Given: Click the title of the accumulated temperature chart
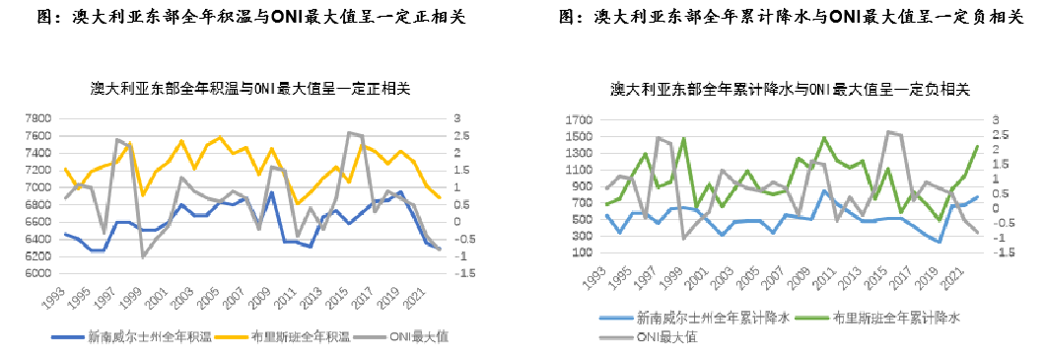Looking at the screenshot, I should tap(251, 88).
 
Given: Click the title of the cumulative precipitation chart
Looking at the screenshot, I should tap(790, 89).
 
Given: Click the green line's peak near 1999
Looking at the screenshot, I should tap(684, 138).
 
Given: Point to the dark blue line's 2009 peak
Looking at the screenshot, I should tap(271, 191).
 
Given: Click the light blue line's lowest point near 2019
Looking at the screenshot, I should tap(940, 242).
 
